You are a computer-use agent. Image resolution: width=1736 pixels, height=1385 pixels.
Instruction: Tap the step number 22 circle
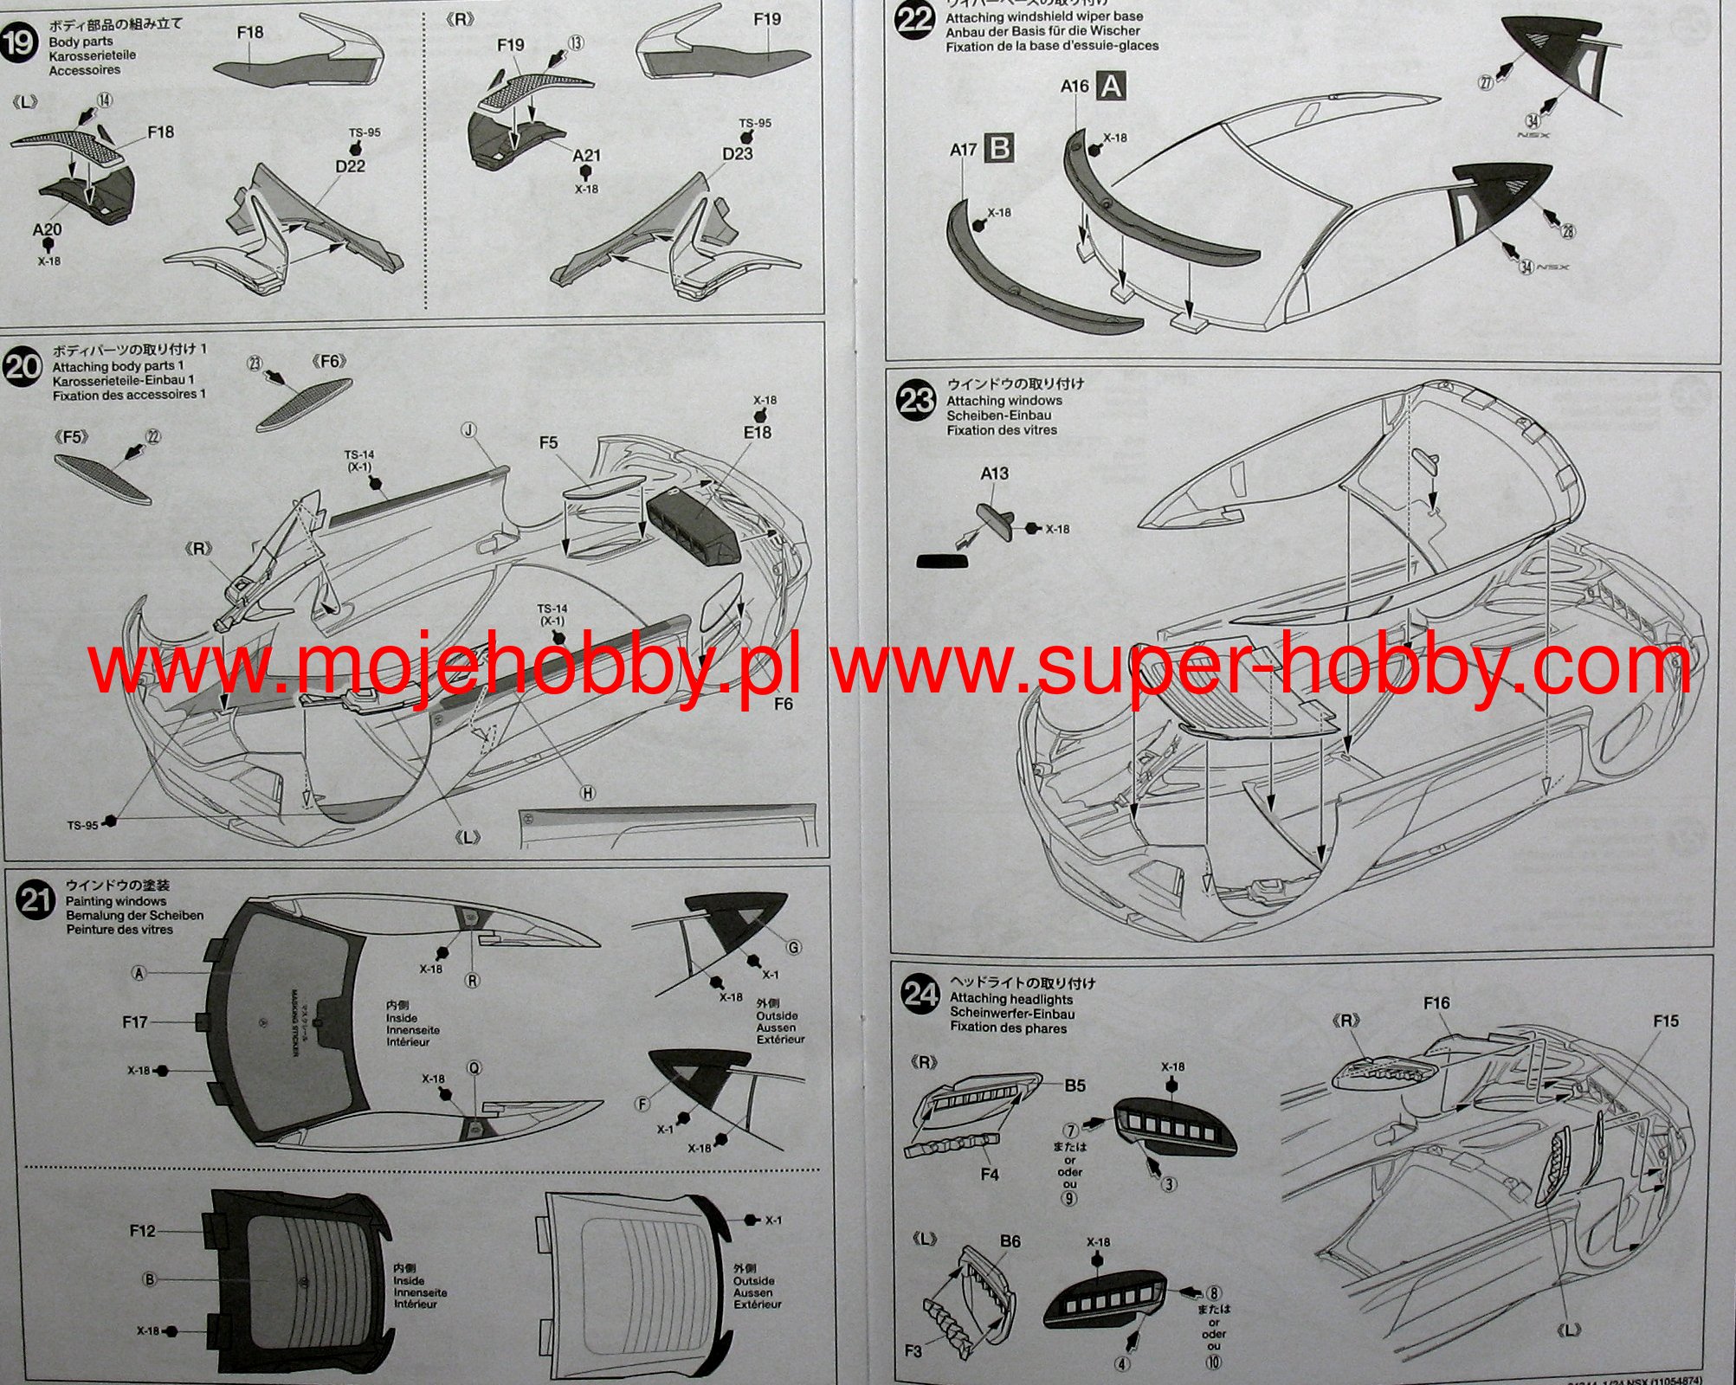pos(914,19)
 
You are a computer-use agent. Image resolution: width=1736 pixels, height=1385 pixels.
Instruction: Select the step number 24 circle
pos(920,994)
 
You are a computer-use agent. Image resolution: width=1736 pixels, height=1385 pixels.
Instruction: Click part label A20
pos(47,229)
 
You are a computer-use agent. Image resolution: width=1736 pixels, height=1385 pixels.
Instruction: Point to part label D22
pos(350,165)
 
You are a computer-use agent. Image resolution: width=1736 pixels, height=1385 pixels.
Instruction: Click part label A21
pos(586,155)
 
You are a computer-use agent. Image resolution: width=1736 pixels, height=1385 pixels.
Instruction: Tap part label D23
pos(737,153)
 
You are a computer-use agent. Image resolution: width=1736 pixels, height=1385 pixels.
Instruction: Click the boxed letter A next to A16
pos(1111,86)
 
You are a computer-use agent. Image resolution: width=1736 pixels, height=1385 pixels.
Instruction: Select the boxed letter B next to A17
pos(999,148)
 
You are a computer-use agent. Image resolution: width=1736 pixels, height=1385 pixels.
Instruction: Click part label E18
pos(757,432)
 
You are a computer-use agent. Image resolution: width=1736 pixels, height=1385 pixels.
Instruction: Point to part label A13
pos(994,473)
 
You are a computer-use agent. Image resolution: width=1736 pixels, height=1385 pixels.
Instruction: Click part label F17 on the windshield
pos(135,1022)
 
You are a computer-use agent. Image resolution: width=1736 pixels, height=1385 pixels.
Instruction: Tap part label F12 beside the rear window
pos(143,1230)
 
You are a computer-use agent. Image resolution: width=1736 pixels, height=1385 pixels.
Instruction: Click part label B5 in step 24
pos(1075,1085)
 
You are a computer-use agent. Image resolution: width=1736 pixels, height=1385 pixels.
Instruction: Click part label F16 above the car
pos(1436,1002)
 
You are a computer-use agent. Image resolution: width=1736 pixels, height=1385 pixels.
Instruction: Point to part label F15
pos(1665,1021)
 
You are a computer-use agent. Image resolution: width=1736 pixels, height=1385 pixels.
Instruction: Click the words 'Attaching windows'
pos(1004,401)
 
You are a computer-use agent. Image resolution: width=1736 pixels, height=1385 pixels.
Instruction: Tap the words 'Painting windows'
pos(115,901)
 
